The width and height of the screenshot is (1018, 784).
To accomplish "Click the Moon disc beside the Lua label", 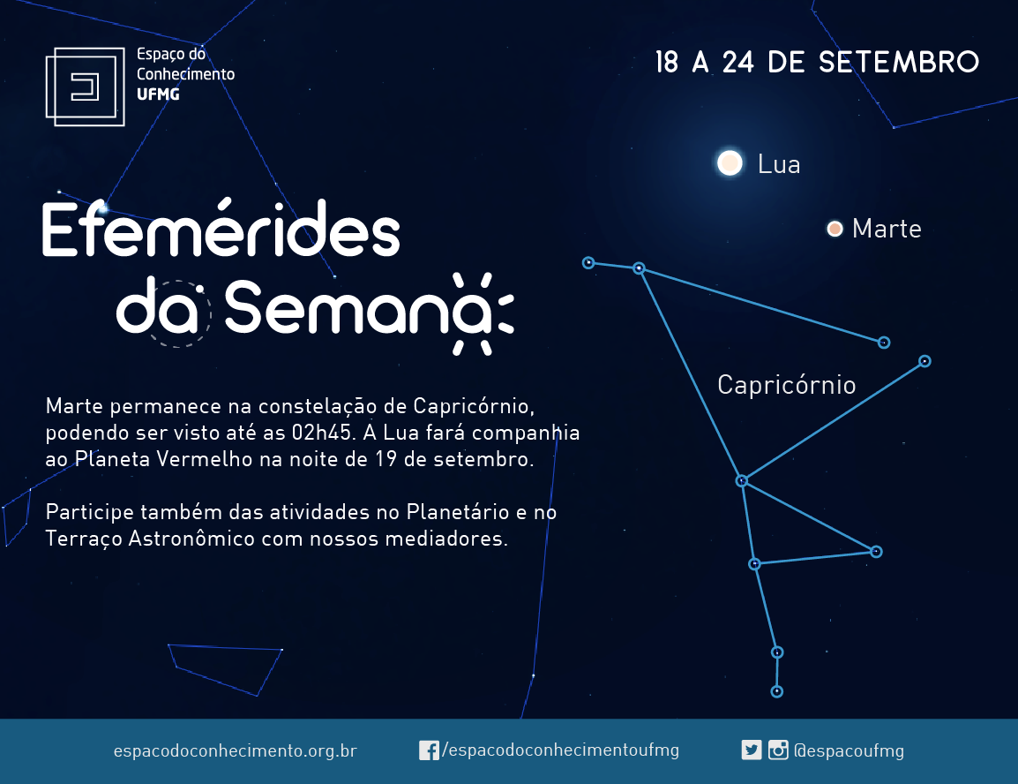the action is point(730,163).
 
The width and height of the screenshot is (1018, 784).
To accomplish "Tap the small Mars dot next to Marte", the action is point(835,229).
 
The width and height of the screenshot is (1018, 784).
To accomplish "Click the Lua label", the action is point(779,164).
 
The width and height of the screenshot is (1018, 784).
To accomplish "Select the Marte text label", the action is point(887,229).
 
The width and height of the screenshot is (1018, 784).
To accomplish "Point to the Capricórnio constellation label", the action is point(787,385).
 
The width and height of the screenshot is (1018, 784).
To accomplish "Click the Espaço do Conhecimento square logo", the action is point(85,87).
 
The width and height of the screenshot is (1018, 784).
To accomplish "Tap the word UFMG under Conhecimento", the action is point(158,94).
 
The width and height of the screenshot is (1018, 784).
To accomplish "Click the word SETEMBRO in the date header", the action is point(899,63).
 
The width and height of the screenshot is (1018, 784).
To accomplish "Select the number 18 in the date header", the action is point(667,63).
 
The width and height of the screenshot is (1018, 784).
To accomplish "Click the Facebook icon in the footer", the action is point(429,750).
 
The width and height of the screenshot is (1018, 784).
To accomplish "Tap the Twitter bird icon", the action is point(752,750).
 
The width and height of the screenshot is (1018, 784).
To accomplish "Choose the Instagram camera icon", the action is point(778,750).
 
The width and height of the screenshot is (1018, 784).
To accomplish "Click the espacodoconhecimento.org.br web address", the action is point(235,750).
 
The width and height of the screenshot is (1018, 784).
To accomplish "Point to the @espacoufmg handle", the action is point(849,750).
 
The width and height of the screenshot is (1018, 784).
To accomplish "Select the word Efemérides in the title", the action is point(221,227).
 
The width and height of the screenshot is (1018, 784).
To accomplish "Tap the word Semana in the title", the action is point(357,307).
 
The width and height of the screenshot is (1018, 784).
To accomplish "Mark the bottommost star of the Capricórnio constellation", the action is point(776,692).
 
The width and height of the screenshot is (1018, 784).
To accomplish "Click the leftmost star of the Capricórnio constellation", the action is point(588,262).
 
